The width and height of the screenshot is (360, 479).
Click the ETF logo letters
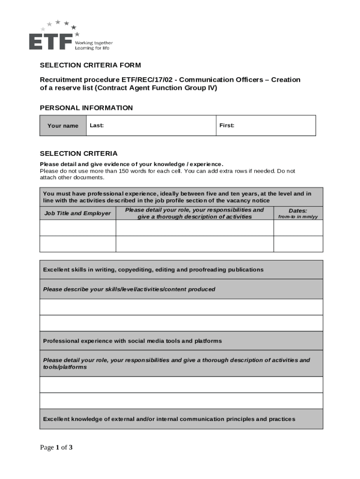tap(50, 41)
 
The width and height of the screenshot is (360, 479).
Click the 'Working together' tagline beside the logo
tap(94, 43)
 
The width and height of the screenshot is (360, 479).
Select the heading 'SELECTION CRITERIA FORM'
tap(90, 65)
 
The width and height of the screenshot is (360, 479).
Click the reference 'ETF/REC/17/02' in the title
tap(144, 80)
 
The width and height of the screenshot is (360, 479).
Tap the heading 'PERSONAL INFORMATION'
tap(86, 108)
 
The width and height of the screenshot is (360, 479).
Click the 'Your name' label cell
tap(63, 126)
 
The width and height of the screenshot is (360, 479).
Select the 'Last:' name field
tap(151, 125)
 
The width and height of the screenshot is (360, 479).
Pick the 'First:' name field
tap(266, 125)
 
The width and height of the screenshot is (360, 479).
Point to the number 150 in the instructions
tap(124, 171)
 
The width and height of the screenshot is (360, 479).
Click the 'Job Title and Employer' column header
tap(78, 213)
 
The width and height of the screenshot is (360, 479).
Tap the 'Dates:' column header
tap(298, 211)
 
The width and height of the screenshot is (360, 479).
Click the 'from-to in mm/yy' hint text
tap(298, 217)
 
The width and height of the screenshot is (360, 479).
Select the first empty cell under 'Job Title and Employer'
tap(78, 228)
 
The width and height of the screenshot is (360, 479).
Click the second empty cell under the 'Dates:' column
tap(298, 244)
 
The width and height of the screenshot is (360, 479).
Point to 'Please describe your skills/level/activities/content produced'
tap(129, 289)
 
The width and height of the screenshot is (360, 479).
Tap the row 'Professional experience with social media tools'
tap(132, 341)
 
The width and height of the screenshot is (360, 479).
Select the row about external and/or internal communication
tap(169, 419)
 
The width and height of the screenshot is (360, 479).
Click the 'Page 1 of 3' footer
tap(56, 448)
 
